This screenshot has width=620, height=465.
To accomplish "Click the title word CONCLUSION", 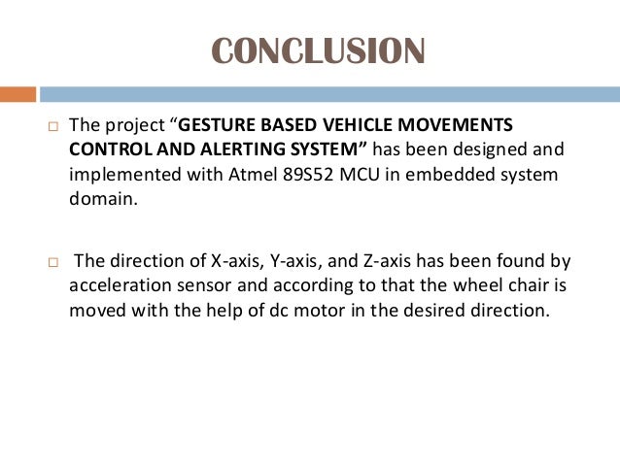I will (318, 51).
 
